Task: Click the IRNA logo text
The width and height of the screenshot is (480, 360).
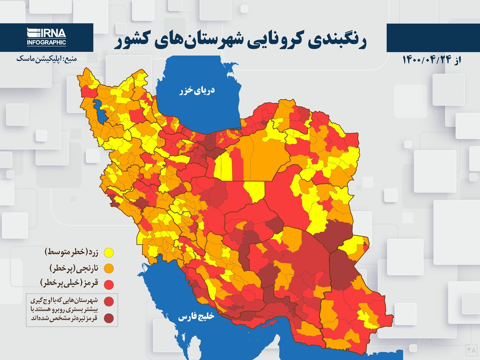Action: click(47, 33)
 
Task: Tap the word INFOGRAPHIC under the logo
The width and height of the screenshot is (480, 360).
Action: click(46, 43)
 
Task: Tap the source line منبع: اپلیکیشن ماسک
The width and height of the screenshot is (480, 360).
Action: click(46, 59)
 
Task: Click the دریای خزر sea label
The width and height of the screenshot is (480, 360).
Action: click(197, 90)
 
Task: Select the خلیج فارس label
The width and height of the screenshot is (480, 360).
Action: click(196, 317)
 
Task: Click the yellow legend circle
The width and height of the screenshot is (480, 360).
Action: click(109, 253)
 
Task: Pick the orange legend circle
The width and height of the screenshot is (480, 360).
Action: click(109, 268)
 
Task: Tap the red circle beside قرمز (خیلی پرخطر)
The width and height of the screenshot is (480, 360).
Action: click(109, 285)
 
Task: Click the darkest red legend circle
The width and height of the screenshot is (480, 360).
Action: click(109, 318)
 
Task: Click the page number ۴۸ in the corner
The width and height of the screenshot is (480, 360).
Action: click(471, 350)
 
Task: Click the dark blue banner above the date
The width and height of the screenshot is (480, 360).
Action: click(433, 37)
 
